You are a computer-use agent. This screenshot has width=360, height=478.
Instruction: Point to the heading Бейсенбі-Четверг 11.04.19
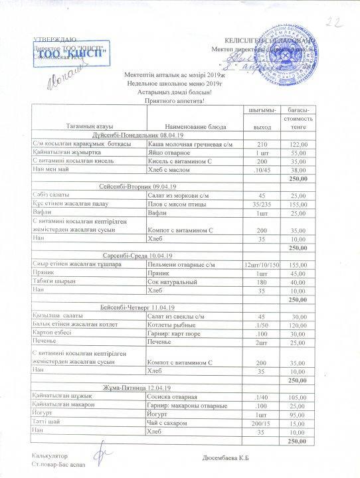pos(139,307)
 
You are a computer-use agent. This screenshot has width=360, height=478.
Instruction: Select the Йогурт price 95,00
pos(298,413)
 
